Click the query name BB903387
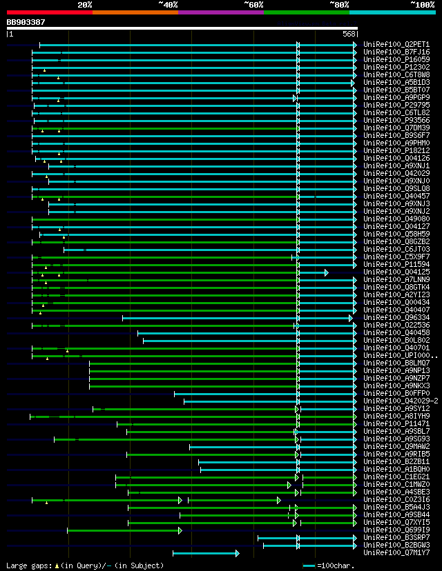(x=26, y=22)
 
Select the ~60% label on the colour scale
(x=253, y=5)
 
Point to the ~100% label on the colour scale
(x=421, y=5)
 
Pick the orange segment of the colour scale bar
(x=135, y=12)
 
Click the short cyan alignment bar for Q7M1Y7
(x=205, y=553)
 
